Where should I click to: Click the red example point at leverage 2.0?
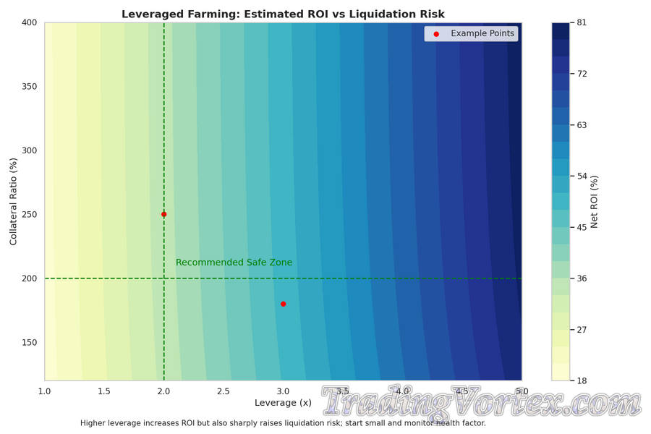(164, 214)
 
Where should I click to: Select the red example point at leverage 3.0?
(283, 304)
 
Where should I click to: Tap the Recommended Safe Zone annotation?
(234, 263)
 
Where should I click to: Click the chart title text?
(283, 14)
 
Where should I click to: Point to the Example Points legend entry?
(482, 33)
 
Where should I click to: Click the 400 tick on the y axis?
(29, 22)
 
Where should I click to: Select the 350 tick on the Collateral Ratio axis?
(29, 87)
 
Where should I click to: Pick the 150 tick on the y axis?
(29, 342)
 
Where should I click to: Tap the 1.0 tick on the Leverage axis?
(45, 391)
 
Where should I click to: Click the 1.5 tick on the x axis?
(104, 391)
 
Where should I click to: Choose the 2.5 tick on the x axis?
(224, 391)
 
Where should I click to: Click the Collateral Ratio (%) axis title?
(13, 201)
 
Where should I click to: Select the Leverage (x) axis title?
(283, 402)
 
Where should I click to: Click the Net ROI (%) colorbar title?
(595, 201)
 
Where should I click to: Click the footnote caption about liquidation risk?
(283, 423)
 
